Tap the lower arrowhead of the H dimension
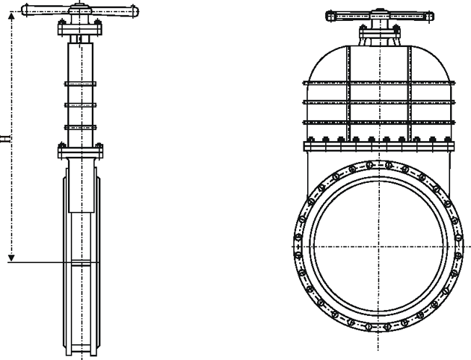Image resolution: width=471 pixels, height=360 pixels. click(x=11, y=258)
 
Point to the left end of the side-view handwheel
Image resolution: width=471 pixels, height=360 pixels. click(x=24, y=10)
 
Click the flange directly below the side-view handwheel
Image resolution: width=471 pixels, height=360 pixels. click(x=80, y=30)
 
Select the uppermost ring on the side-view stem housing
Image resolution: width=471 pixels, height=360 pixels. click(x=81, y=84)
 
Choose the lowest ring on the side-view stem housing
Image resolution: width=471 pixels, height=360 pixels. click(x=81, y=127)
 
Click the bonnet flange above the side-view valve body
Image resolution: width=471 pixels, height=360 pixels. click(x=81, y=152)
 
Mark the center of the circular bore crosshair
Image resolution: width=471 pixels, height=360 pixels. click(x=378, y=246)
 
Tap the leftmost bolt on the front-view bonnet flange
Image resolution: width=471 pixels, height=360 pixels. click(x=311, y=139)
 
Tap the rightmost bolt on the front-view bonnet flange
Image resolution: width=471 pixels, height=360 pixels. click(x=447, y=139)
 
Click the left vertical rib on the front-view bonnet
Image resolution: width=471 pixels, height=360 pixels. click(x=348, y=93)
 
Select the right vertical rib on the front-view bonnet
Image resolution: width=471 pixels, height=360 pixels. click(x=410, y=93)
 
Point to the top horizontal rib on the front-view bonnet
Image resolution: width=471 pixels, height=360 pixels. click(x=379, y=83)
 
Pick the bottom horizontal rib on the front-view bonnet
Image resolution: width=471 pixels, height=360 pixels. click(x=379, y=122)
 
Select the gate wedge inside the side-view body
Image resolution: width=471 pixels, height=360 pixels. click(x=81, y=185)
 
